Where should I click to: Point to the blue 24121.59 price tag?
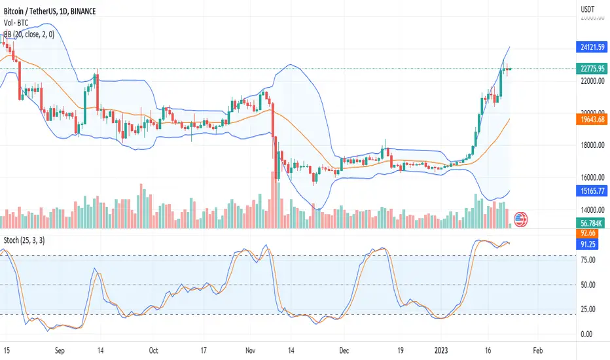(590, 47)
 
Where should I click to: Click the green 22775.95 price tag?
(590, 69)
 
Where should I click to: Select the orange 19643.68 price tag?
(590, 120)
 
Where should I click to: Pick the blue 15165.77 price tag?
(590, 192)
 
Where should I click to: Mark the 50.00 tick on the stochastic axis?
(586, 285)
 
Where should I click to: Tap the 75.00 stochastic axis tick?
(586, 260)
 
